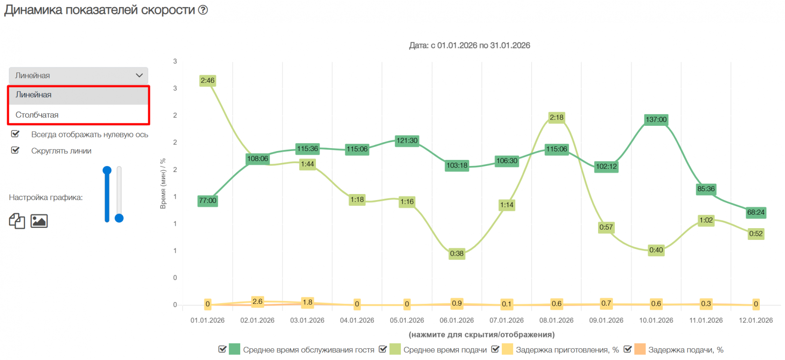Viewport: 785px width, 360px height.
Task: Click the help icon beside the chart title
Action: point(203,10)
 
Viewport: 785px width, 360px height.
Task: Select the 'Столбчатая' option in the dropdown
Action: point(37,115)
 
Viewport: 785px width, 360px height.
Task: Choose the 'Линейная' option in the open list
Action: point(34,94)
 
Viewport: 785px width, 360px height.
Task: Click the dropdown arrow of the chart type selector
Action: point(139,75)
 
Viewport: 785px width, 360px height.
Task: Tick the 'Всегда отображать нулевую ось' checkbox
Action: point(15,134)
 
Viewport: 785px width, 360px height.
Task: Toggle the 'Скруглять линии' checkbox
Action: point(15,151)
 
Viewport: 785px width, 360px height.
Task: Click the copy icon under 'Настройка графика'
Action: point(17,221)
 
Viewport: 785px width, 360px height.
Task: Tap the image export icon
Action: point(39,221)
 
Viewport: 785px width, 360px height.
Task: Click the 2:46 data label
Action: point(207,80)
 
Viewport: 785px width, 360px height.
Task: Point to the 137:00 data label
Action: point(656,120)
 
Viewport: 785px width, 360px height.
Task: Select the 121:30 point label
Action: point(407,141)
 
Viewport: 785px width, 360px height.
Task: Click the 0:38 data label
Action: point(457,253)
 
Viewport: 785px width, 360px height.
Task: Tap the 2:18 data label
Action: point(557,117)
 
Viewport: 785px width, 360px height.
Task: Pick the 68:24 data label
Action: point(756,212)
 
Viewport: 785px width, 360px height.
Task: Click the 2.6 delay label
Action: point(257,302)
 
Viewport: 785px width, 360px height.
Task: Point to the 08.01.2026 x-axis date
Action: point(556,320)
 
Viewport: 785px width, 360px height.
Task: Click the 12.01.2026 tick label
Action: point(756,320)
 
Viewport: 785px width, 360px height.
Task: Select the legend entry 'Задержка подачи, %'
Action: point(685,350)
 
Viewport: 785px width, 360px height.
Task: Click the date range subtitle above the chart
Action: point(469,45)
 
